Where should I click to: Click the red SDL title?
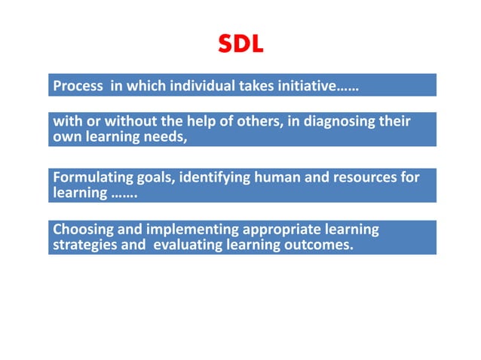[241, 44]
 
